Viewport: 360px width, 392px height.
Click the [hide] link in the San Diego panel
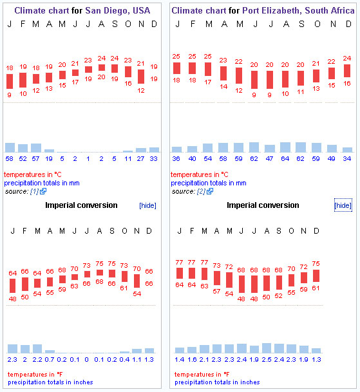tap(147, 205)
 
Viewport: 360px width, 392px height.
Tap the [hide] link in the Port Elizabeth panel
tap(343, 205)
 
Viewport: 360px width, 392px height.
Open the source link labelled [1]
tap(34, 192)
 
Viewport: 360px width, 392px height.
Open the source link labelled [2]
tap(201, 192)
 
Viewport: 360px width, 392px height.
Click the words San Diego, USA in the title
tap(118, 10)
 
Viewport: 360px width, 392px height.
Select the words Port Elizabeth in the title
tap(271, 10)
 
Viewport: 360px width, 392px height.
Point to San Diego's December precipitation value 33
tap(154, 159)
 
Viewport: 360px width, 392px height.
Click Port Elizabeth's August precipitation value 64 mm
tap(285, 159)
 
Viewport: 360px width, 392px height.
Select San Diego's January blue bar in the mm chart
tap(10, 147)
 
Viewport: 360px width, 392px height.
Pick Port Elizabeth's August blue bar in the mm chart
tap(285, 147)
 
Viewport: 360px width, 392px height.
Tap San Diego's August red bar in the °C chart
tap(102, 68)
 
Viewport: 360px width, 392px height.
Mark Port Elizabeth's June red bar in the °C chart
tap(254, 80)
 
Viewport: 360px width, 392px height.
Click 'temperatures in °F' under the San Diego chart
tap(35, 374)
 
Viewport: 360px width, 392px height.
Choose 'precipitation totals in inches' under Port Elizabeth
tap(217, 382)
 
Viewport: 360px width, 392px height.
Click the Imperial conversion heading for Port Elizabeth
tap(263, 205)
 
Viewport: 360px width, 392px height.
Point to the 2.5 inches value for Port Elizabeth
tap(267, 360)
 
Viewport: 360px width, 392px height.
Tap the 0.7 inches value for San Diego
tap(50, 360)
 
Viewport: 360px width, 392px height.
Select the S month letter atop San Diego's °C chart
tap(115, 24)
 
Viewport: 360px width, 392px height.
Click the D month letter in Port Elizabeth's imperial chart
tap(316, 230)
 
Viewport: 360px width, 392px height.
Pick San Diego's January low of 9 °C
tap(9, 95)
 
